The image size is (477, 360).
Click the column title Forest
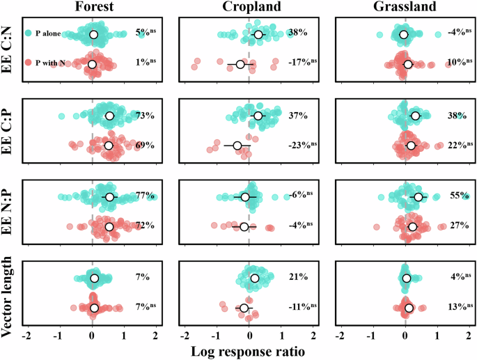(92, 7)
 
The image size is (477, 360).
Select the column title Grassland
(405, 7)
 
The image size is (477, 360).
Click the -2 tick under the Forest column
(27, 336)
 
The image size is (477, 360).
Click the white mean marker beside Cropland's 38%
(258, 34)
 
